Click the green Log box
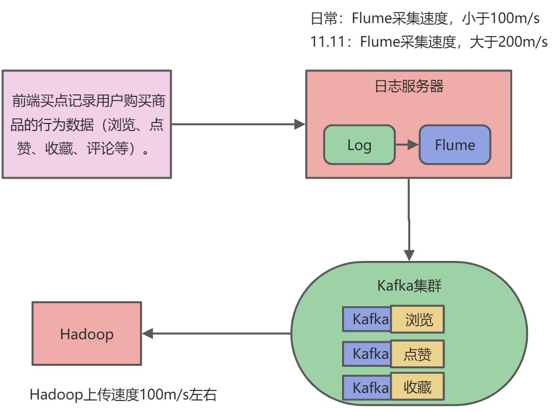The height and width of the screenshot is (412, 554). coord(359,145)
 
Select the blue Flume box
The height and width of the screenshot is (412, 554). coord(455,145)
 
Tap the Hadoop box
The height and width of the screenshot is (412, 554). coord(86,334)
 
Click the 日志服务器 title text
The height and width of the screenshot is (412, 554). coord(409,86)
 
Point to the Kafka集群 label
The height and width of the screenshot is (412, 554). coord(409,287)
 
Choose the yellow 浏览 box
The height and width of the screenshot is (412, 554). coord(418,320)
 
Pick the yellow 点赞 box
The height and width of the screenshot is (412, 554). coord(418,354)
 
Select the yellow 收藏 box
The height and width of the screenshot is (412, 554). coord(418,387)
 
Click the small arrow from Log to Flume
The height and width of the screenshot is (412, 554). coord(407,145)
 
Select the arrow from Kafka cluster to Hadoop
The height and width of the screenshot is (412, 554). coord(216,333)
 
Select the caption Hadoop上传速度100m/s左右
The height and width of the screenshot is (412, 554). coord(123,395)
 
